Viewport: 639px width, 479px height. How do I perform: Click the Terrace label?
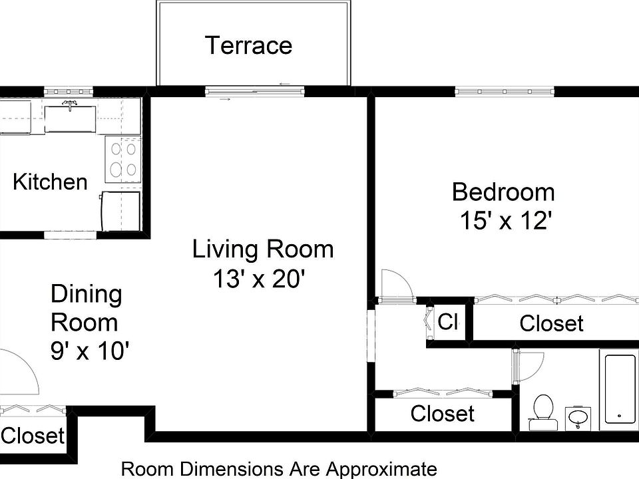248,46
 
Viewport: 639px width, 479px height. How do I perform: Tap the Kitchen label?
50,182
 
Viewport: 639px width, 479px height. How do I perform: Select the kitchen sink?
70,118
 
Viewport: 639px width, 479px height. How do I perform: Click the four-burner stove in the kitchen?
123,160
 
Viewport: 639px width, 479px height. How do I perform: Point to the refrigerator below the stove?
120,211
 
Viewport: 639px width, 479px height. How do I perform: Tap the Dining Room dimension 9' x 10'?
89,351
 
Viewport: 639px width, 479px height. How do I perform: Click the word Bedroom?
503,192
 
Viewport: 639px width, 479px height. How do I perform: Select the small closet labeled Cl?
448,323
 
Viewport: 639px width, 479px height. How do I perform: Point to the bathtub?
618,389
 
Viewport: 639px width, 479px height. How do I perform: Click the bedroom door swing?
395,285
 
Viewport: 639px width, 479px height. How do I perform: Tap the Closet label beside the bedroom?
551,324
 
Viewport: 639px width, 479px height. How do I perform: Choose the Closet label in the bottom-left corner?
32,436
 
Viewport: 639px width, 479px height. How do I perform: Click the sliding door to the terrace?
254,92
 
